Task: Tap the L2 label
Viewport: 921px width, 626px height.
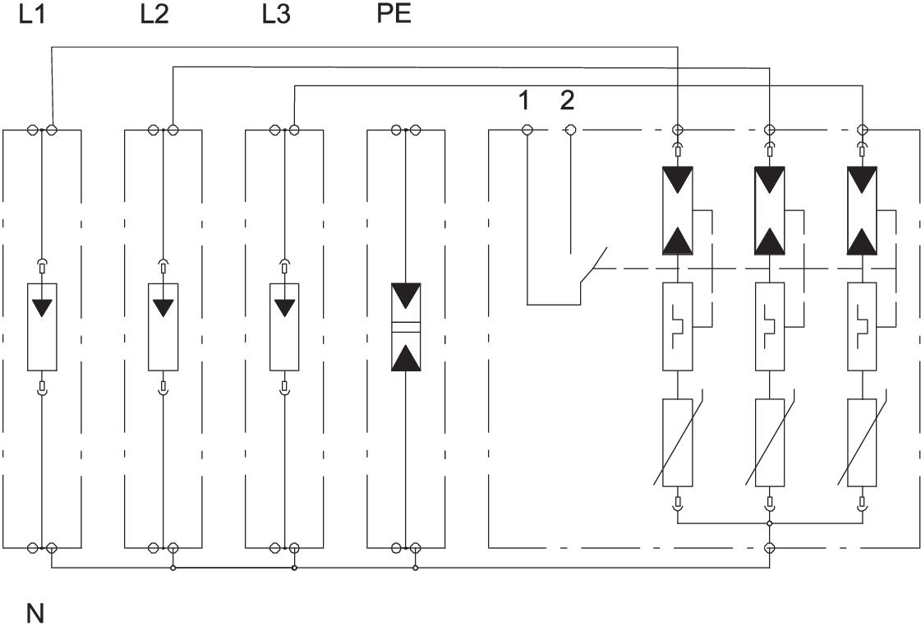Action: (154, 16)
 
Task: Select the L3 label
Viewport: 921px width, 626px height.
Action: (276, 16)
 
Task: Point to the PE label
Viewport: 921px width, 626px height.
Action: (393, 16)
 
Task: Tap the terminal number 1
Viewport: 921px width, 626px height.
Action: (523, 101)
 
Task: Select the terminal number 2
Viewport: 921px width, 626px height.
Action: (568, 101)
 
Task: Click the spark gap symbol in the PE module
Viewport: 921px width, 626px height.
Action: (406, 327)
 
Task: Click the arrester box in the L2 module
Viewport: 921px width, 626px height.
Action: (163, 326)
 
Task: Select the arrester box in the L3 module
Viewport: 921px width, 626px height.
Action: (284, 326)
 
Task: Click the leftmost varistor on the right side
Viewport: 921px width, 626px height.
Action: (678, 442)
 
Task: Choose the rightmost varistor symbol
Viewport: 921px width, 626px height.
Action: (861, 442)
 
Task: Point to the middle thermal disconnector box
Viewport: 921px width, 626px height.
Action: (769, 326)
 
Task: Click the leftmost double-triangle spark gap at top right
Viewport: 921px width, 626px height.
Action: (678, 209)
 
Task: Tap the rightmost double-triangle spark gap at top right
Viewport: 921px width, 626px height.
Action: (861, 209)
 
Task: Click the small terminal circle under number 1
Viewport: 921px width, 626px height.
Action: (527, 130)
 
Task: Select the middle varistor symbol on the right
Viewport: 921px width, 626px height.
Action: (769, 442)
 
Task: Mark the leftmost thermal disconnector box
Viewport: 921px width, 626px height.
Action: (678, 326)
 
